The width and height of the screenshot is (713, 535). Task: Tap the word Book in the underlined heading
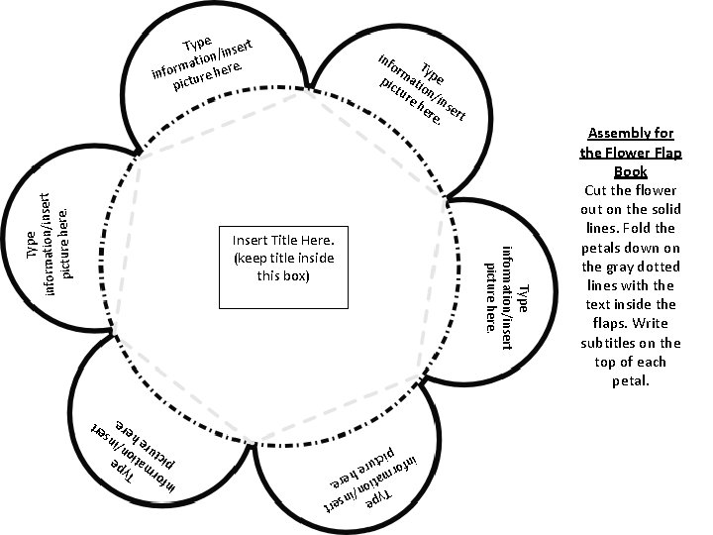(x=630, y=171)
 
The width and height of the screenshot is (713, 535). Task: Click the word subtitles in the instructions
(x=621, y=343)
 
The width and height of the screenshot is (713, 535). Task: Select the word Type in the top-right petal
(x=432, y=72)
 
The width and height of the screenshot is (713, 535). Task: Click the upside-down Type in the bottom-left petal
(x=124, y=468)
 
